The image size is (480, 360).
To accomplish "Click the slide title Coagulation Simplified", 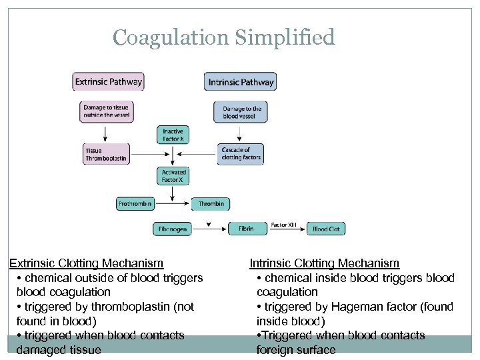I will (223, 37).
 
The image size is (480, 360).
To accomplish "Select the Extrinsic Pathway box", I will (108, 82).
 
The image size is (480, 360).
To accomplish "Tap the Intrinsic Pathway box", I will (240, 82).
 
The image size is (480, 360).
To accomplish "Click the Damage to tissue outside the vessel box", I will (106, 111).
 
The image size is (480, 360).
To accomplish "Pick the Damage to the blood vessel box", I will (240, 111).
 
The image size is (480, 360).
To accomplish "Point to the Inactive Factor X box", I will (173, 135).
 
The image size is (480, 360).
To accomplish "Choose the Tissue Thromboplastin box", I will (106, 155).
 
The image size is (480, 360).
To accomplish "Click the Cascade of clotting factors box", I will (240, 155).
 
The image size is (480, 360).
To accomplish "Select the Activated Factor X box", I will (173, 176).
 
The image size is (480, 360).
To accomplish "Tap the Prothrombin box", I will (135, 203).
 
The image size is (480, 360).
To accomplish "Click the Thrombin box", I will (211, 203).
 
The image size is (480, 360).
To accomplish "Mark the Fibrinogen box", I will (172, 229).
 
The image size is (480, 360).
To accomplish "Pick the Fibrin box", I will (246, 229).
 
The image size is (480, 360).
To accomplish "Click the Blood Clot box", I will (326, 229).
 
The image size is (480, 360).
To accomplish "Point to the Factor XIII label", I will (284, 225).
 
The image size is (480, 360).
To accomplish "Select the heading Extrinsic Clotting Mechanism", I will (86, 263).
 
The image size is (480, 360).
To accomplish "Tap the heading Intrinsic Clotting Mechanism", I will (325, 263).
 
